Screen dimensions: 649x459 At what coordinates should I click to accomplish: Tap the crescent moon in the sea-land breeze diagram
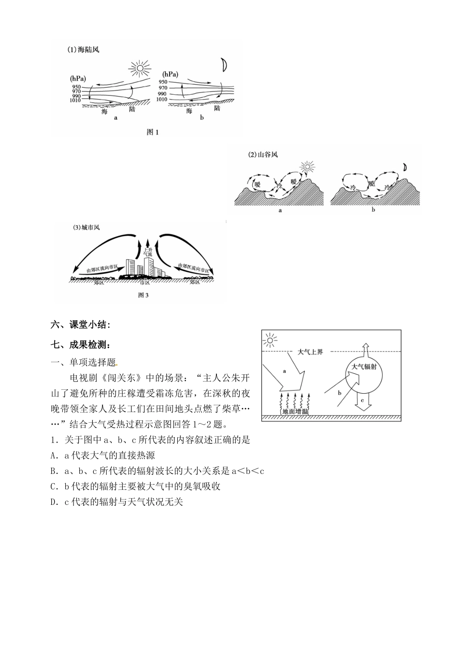pos(224,65)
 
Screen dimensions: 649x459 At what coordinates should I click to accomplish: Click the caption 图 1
pos(152,132)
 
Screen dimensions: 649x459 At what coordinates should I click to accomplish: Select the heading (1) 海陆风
pos(83,49)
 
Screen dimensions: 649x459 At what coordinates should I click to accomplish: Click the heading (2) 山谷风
pos(263,155)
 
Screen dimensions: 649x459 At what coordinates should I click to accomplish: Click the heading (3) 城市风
pos(84,227)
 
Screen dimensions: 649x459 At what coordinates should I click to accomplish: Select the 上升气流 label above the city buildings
pos(148,251)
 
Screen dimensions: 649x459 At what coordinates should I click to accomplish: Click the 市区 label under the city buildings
pos(144,282)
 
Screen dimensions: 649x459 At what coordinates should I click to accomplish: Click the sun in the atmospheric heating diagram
pos(271,340)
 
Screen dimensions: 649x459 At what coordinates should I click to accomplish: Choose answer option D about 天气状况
pos(116,502)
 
